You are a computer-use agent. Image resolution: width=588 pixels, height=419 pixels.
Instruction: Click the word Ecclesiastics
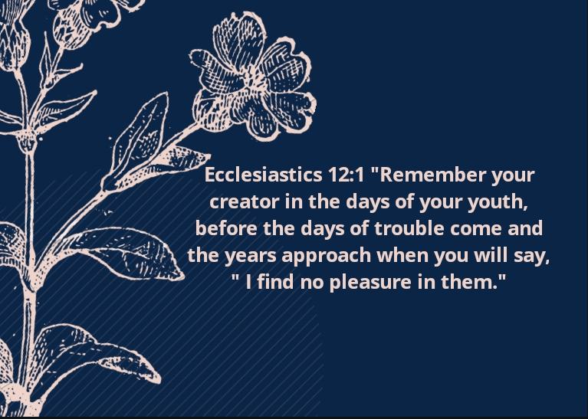tap(263, 175)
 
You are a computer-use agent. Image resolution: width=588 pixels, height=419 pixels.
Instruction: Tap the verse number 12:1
tap(346, 175)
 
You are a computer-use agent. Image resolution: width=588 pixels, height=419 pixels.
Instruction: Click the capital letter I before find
tap(248, 283)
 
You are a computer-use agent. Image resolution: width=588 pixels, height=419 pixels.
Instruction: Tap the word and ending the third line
tap(525, 228)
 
